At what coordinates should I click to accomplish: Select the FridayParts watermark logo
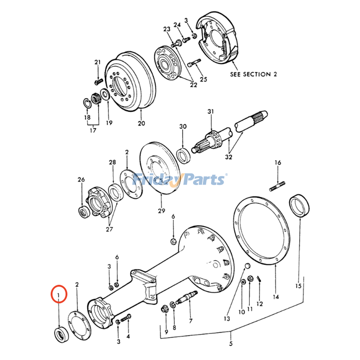[180, 180]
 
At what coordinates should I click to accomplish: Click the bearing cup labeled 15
[299, 205]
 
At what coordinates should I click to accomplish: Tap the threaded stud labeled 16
[278, 186]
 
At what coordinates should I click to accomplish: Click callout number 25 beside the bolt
[203, 80]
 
